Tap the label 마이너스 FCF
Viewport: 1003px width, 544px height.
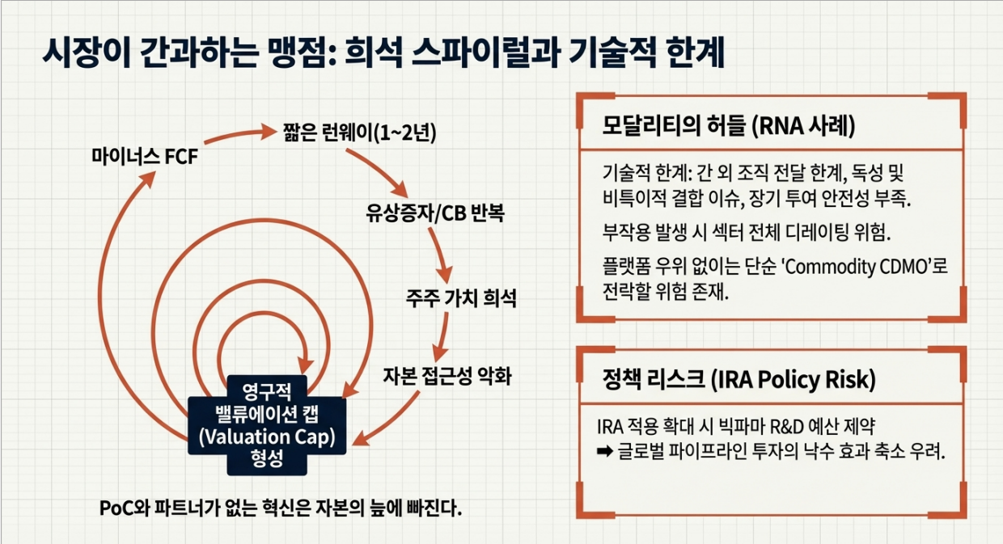(144, 155)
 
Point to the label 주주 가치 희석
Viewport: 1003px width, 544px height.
(460, 298)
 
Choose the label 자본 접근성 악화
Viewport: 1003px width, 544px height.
(446, 376)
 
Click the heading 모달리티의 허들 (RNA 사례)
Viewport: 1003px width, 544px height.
(730, 126)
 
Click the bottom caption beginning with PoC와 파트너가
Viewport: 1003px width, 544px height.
(280, 509)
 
